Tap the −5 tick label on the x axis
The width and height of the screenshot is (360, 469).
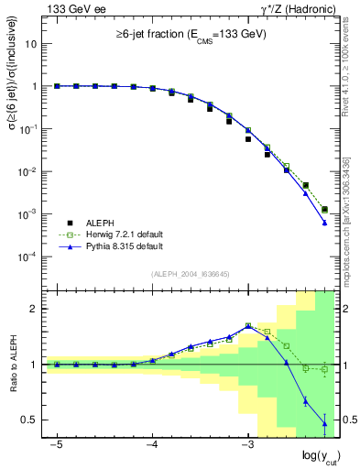coord(56,444)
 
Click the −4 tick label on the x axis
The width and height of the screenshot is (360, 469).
coord(151,444)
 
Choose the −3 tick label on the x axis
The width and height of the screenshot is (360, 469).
coord(246,444)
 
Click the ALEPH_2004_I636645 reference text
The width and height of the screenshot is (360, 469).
coord(190,274)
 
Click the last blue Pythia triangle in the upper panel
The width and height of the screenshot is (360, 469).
coord(325,223)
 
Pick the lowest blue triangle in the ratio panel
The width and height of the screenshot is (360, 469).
coord(325,422)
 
